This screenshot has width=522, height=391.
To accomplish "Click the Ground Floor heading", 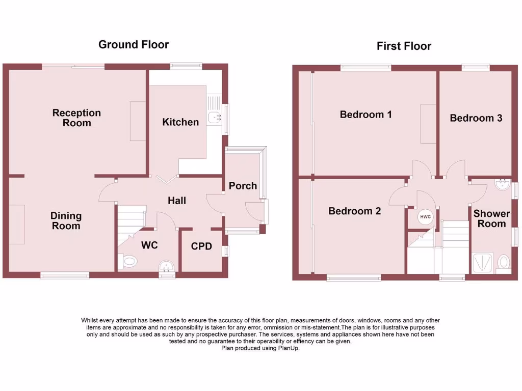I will (x=133, y=44).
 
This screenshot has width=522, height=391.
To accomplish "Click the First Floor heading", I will (x=404, y=46).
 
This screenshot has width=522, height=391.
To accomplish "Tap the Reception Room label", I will (x=76, y=118).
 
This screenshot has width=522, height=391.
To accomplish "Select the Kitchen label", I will (x=180, y=122).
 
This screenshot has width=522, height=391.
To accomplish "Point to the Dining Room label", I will (x=66, y=221).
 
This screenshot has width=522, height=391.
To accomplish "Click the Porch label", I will (x=243, y=186).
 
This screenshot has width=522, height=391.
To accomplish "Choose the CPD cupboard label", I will (x=201, y=247).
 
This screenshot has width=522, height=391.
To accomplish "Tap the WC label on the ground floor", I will (x=149, y=245).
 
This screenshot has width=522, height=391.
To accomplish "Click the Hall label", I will (x=177, y=201).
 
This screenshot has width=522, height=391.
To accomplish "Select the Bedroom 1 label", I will (x=366, y=115).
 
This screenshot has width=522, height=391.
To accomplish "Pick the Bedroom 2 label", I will (x=354, y=211).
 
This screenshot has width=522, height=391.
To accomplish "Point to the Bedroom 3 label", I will (x=476, y=118).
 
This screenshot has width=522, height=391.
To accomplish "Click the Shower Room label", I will (x=491, y=218).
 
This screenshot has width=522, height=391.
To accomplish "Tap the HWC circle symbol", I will (x=425, y=217).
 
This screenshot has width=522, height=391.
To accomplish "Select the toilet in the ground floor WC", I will (x=129, y=262).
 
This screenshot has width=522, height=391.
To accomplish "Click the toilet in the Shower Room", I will (x=503, y=263).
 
